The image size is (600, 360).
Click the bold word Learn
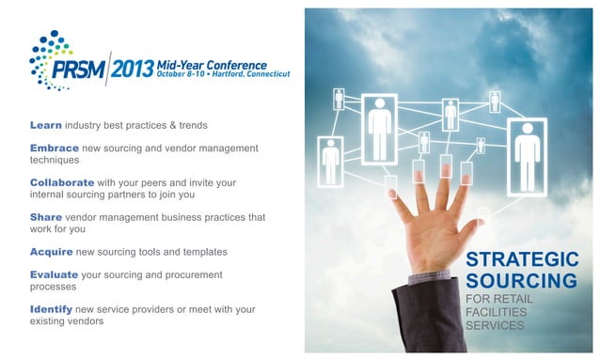[46, 125]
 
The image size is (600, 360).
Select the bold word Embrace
[55, 149]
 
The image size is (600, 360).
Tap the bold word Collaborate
[62, 182]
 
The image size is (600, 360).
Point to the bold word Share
[46, 217]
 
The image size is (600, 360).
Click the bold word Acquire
[52, 252]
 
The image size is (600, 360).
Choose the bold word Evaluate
[55, 274]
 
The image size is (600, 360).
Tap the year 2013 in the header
[133, 68]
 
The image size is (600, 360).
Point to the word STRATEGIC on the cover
[522, 259]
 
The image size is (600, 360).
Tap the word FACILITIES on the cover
[499, 312]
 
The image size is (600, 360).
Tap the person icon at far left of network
[330, 161]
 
